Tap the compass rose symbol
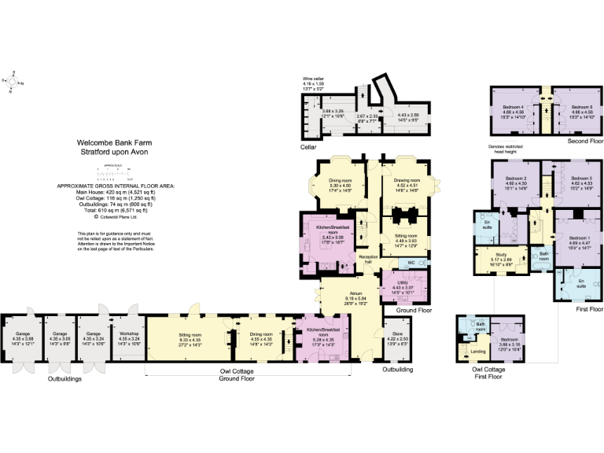[x=13, y=81]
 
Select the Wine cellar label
[x=315, y=79]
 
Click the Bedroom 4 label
[x=514, y=107]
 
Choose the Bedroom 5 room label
[x=581, y=107]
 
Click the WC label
[x=411, y=262]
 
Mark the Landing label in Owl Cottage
[x=477, y=351]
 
